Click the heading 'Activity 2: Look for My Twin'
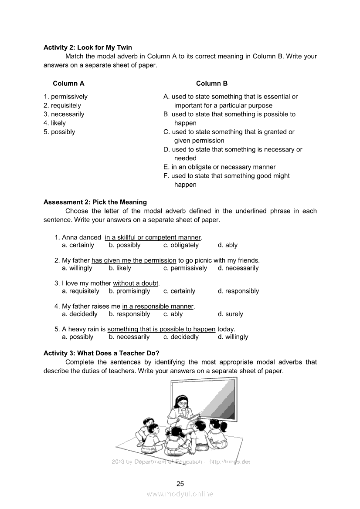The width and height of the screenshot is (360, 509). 88,47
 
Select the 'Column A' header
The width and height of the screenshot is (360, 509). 68,84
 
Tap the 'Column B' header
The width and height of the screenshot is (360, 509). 211,84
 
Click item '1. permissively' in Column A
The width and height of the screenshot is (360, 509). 65,97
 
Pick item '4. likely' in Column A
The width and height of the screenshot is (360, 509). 54,123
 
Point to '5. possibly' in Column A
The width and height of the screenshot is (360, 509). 59,132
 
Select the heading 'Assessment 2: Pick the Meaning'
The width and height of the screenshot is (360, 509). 95,202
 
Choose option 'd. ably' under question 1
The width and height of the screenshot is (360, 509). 228,245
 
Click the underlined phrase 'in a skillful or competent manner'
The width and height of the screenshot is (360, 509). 153,238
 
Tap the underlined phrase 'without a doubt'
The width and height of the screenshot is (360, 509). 136,283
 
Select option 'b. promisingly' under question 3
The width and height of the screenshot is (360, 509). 129,291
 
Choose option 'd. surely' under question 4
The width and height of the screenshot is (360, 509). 230,314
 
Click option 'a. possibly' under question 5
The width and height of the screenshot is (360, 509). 78,337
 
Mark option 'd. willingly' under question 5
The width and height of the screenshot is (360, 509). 233,337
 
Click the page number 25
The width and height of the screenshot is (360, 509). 180,484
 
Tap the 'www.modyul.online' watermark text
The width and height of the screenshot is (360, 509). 180,494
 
